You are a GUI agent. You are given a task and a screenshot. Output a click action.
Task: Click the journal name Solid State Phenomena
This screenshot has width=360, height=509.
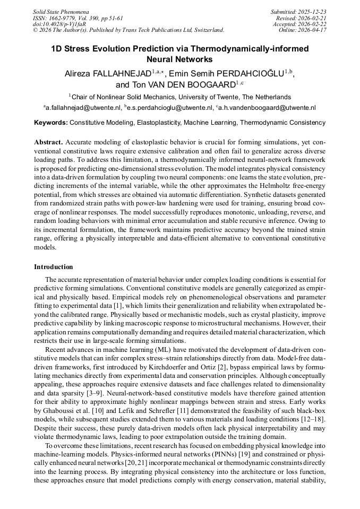pyautogui.click(x=61, y=11)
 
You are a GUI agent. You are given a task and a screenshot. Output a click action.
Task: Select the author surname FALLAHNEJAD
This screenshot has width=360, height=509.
pyautogui.click(x=121, y=73)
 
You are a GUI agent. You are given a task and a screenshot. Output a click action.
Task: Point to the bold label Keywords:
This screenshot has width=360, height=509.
pyautogui.click(x=51, y=123)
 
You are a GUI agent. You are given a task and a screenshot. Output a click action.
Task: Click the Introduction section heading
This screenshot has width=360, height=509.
pyautogui.click(x=54, y=267)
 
